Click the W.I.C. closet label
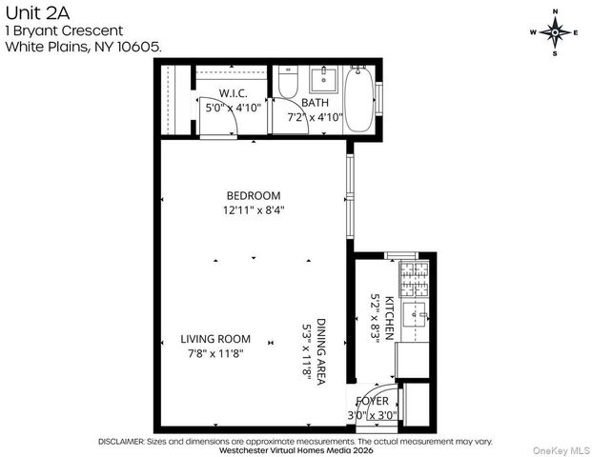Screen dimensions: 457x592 [234, 93]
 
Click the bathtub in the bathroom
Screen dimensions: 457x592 [358, 100]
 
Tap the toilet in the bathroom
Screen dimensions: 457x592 [289, 83]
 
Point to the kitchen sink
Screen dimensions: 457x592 [416, 314]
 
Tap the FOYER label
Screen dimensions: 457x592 [372, 401]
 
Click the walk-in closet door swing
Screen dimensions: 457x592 [214, 119]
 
